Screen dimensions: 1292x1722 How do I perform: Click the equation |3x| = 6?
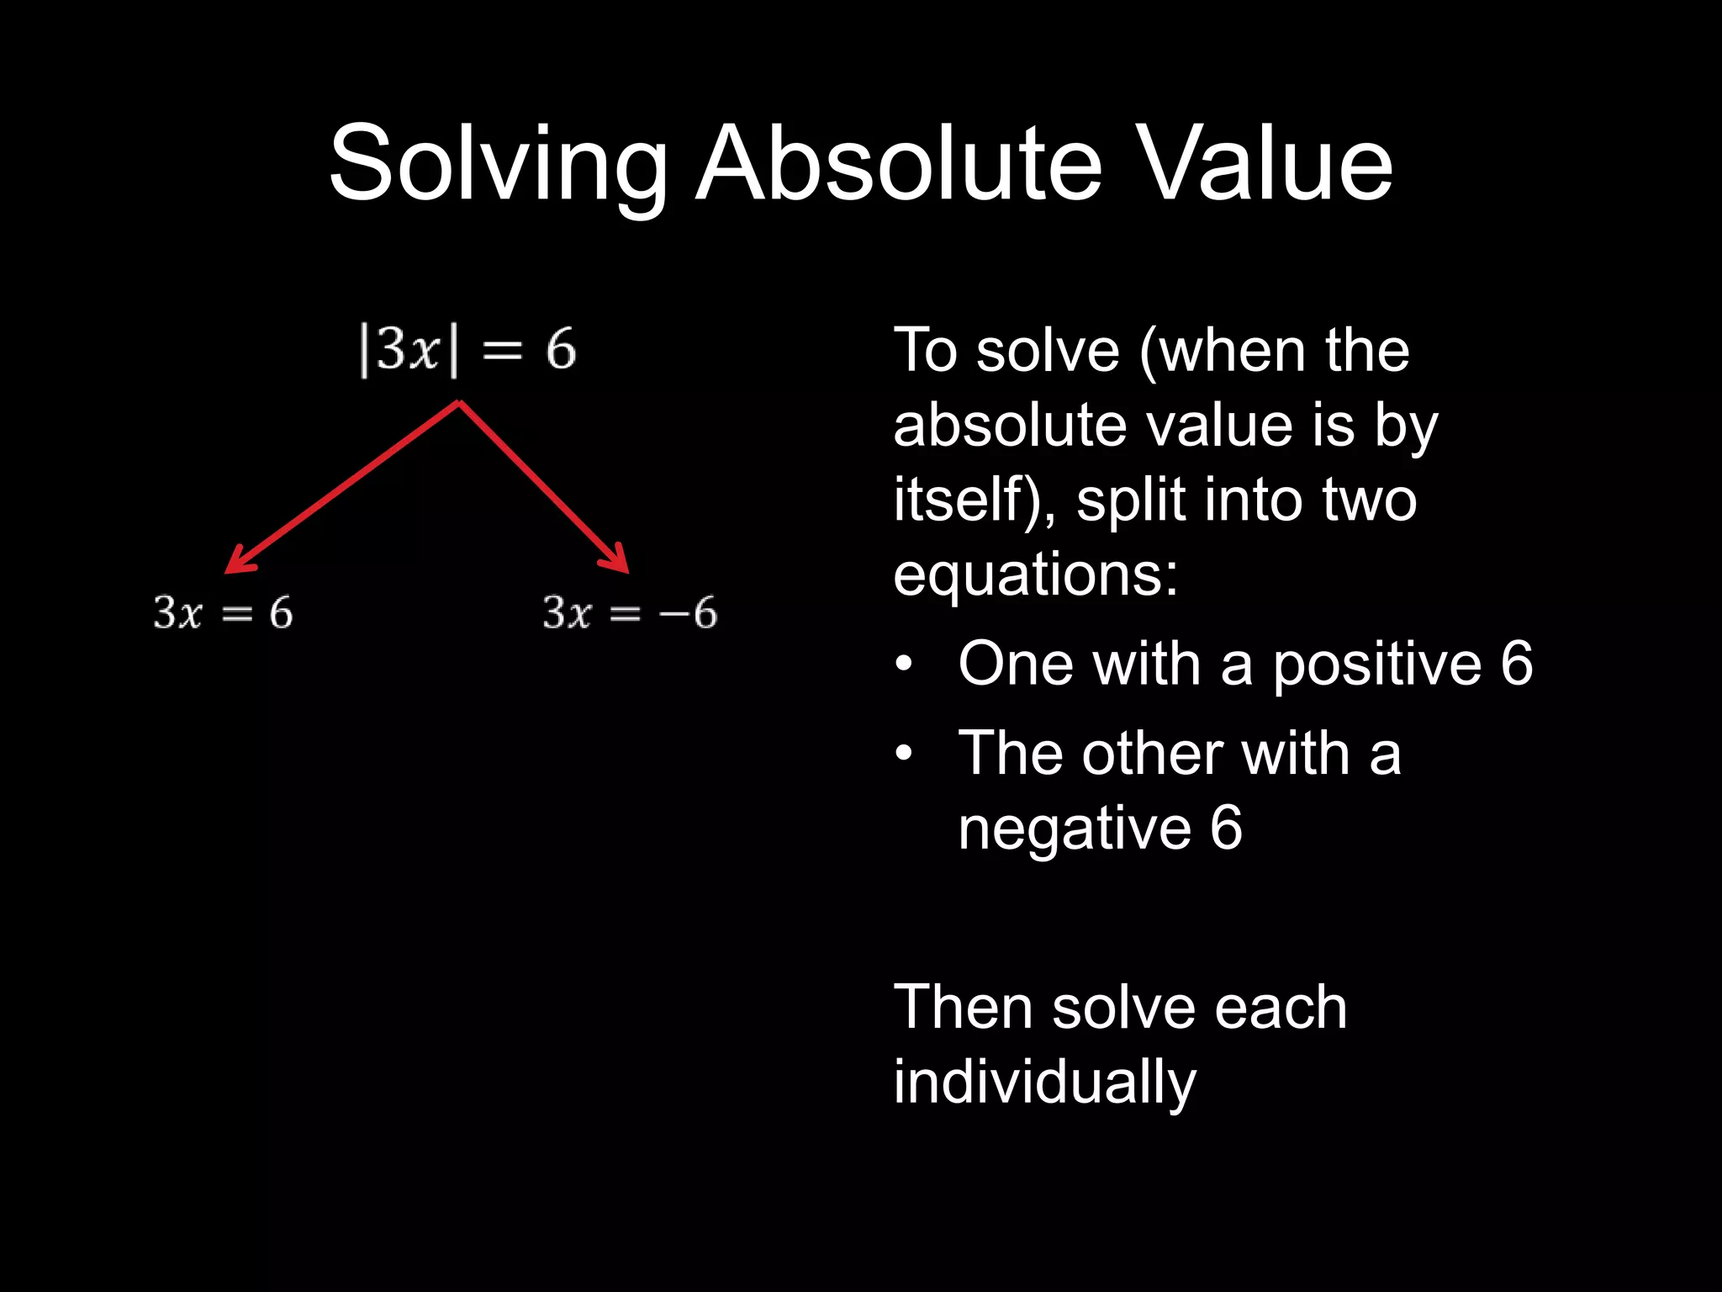tap(467, 349)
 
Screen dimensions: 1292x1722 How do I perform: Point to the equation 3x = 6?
tap(223, 612)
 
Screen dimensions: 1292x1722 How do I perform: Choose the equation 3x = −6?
tap(630, 612)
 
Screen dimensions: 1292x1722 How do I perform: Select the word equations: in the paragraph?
tap(1036, 575)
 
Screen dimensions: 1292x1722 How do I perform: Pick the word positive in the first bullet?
tap(1376, 665)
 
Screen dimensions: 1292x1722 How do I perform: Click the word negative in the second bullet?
tap(1075, 828)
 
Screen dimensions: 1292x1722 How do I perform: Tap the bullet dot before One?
tap(904, 665)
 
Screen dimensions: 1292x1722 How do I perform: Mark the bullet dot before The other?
tap(904, 753)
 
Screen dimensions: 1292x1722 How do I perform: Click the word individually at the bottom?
tap(1043, 1083)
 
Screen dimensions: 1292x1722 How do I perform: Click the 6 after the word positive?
tap(1517, 665)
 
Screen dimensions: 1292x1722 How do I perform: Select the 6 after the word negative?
tap(1227, 828)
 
